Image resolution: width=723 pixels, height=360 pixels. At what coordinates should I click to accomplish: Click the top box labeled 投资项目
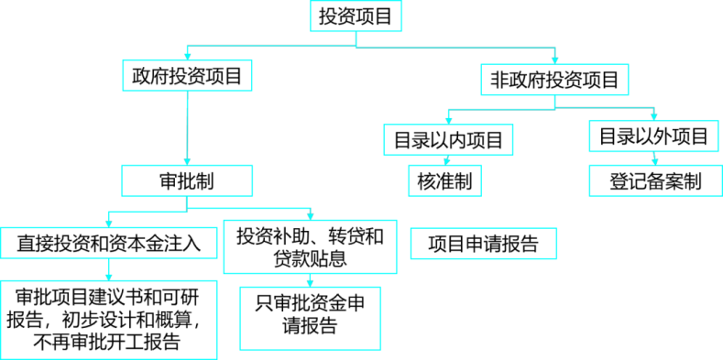(x=356, y=16)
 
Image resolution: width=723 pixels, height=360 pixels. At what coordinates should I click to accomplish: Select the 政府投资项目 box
(x=187, y=75)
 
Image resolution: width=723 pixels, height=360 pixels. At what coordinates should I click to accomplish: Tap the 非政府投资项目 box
(x=554, y=80)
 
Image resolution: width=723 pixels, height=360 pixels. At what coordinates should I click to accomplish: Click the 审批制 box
(x=187, y=180)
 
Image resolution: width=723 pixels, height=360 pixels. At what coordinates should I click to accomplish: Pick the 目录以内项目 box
(x=448, y=139)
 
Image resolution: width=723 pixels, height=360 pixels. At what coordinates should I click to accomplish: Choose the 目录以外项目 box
(x=654, y=136)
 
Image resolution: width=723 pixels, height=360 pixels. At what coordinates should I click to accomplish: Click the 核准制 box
(x=445, y=180)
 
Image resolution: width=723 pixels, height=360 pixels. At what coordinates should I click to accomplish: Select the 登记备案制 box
(x=656, y=180)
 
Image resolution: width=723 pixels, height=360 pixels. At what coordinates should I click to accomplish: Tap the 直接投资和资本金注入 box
(x=108, y=243)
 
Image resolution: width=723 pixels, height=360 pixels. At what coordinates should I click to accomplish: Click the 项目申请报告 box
(x=484, y=244)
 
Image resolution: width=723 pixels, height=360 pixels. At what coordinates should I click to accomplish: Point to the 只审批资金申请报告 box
(x=311, y=318)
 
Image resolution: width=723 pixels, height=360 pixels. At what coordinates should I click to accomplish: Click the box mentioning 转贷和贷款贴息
(x=311, y=246)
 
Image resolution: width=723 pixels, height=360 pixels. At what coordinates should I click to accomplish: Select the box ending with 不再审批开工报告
(x=108, y=320)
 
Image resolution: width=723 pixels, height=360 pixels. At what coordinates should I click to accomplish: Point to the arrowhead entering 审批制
(x=187, y=162)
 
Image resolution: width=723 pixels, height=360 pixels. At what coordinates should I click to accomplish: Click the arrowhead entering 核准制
(x=446, y=162)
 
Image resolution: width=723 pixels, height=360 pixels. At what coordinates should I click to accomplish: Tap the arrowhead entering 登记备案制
(x=655, y=162)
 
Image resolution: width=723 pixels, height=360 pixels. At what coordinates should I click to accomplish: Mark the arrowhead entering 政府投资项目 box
(x=187, y=56)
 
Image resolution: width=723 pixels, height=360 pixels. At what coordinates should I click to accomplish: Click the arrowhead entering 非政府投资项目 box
(x=555, y=61)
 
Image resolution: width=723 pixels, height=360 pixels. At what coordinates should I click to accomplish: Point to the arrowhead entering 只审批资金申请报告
(x=311, y=283)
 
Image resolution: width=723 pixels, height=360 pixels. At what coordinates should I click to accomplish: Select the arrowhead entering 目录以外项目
(x=654, y=117)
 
